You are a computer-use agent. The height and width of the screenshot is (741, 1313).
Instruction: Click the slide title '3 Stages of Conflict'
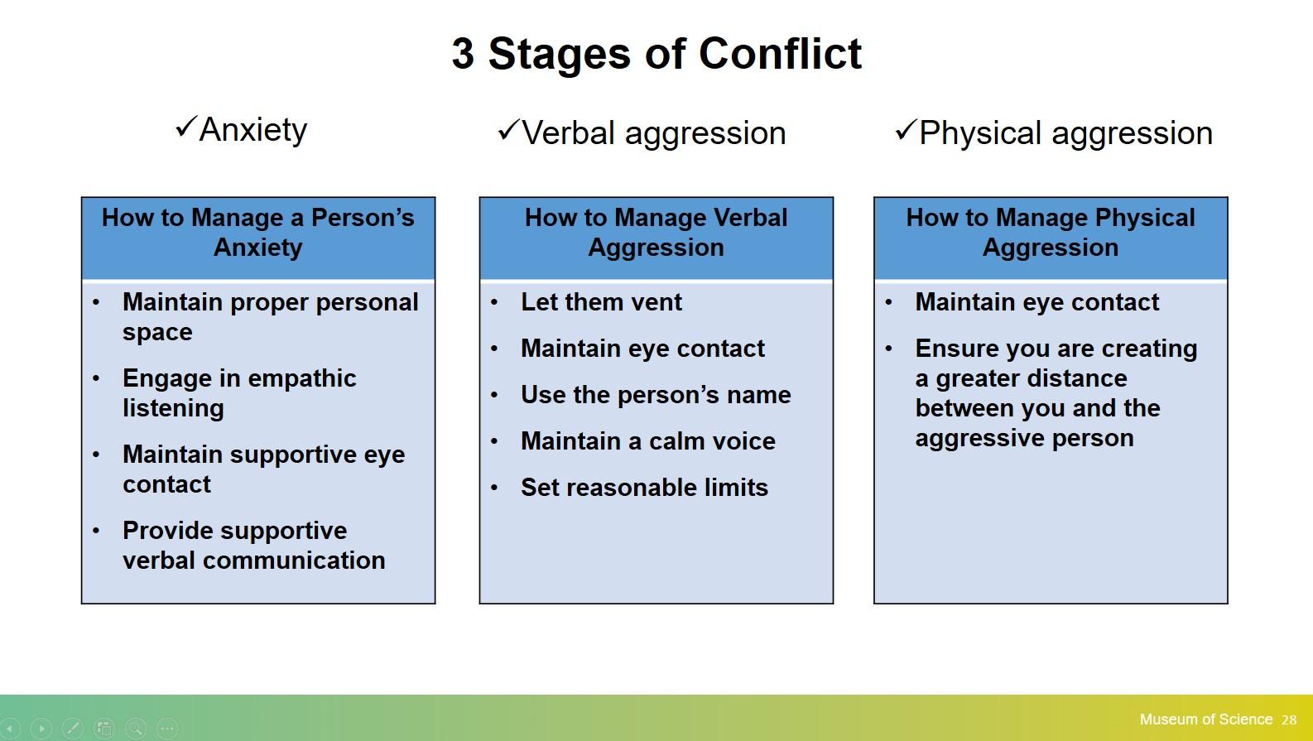pyautogui.click(x=656, y=54)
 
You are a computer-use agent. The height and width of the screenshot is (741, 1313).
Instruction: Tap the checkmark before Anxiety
pyautogui.click(x=185, y=127)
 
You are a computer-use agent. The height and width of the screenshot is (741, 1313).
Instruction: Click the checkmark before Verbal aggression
pyautogui.click(x=508, y=130)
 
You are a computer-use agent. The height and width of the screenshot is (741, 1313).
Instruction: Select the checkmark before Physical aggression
pyautogui.click(x=906, y=130)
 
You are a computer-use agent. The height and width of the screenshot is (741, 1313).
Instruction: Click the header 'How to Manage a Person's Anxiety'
pyautogui.click(x=258, y=233)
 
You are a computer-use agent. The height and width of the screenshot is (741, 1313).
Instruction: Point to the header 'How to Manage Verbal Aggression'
pyautogui.click(x=656, y=233)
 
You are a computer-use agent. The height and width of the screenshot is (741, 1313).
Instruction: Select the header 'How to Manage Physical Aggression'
pyautogui.click(x=1051, y=233)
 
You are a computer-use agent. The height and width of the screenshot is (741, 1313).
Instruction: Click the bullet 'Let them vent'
pyautogui.click(x=601, y=302)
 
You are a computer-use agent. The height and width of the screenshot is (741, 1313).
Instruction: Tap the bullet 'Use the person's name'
pyautogui.click(x=656, y=395)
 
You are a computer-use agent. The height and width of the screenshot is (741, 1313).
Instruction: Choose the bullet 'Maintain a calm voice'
pyautogui.click(x=648, y=441)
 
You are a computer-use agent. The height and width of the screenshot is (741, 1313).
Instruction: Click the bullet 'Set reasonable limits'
pyautogui.click(x=645, y=488)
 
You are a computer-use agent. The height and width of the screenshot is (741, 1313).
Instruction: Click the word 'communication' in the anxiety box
pyautogui.click(x=294, y=561)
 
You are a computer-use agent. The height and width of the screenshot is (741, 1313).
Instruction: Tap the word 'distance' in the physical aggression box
pyautogui.click(x=1086, y=378)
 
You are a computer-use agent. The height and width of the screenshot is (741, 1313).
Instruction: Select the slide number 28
pyautogui.click(x=1289, y=720)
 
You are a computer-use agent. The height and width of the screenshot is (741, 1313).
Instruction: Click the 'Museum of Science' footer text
pyautogui.click(x=1206, y=719)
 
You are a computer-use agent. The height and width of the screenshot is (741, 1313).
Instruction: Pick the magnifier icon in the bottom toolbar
pyautogui.click(x=136, y=729)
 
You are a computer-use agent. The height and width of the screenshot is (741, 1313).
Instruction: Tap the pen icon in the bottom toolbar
pyautogui.click(x=73, y=729)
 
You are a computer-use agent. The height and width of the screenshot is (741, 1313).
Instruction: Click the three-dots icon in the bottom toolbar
pyautogui.click(x=167, y=729)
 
